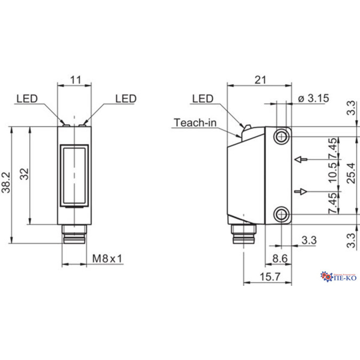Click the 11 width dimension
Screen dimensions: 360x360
tap(75, 80)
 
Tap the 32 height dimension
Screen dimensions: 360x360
tap(24, 174)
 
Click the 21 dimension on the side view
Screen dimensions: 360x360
tap(260, 80)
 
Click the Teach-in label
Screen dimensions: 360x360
tap(195, 123)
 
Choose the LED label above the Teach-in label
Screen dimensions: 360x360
tap(202, 99)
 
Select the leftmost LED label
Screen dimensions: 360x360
tap(27, 99)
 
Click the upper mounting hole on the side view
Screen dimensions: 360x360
tap(281, 137)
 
